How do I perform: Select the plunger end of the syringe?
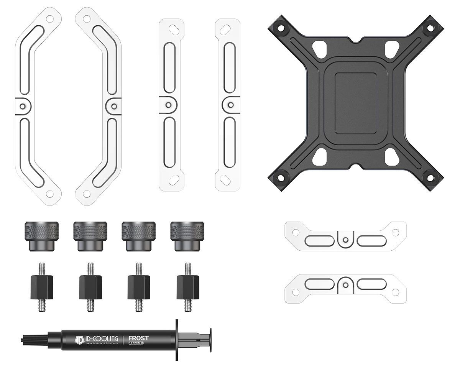point(210,339)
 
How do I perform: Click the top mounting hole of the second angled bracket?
point(87,18)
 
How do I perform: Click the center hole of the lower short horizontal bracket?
point(346,284)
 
